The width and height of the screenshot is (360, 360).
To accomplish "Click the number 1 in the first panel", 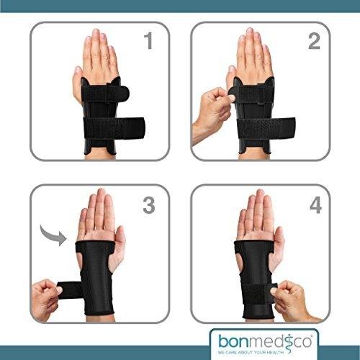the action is click(149, 41).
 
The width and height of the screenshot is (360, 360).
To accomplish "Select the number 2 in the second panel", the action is click(314, 41).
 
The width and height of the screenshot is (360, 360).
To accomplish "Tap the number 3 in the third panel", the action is click(149, 205).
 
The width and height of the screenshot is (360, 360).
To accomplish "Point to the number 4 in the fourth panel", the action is click(315, 205).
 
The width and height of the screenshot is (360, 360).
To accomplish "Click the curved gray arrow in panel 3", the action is click(52, 234).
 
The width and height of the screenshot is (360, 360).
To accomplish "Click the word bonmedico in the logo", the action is click(265, 341).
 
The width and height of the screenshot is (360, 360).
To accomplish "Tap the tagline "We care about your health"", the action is click(251, 352).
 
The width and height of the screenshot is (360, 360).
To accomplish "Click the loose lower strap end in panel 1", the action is click(135, 128).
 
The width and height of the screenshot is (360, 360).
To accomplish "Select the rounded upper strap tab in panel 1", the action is click(121, 93).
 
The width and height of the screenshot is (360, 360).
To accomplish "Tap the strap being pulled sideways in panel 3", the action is click(70, 291).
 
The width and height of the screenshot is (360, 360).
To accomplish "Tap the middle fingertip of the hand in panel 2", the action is click(250, 30).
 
